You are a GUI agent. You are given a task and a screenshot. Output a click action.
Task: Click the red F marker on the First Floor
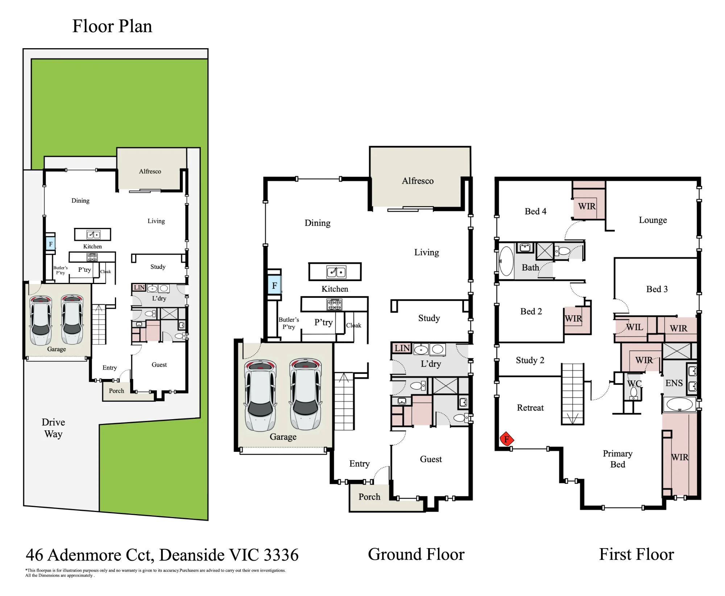coord(507,439)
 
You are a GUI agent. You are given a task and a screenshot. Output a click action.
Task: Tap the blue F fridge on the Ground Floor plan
coord(274,286)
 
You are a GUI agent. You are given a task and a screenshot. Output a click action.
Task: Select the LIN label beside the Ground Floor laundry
coord(402,348)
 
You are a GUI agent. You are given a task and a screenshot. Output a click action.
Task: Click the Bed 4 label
coord(535,211)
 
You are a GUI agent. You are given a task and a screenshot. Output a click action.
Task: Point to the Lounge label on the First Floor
coord(652,220)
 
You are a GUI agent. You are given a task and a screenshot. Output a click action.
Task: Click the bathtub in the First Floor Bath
coord(506,261)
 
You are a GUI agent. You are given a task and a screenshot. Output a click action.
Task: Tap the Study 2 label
coord(530,360)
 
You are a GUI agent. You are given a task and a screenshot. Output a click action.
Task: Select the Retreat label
coord(530,408)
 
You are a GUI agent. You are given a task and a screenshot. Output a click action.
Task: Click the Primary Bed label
coord(617,459)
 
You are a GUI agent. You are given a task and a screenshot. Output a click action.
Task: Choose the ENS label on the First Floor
coord(674,383)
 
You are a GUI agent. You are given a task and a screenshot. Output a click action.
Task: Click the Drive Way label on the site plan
coord(53,428)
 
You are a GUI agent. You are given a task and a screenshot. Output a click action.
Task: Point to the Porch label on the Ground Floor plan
coord(369,497)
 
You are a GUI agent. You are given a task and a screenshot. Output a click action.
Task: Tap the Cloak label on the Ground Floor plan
coord(353,325)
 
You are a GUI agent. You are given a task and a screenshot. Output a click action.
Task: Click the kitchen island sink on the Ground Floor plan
coord(336,272)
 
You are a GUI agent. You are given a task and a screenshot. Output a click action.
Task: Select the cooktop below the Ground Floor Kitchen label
coord(334,304)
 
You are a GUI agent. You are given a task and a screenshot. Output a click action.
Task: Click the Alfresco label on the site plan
coord(150,171)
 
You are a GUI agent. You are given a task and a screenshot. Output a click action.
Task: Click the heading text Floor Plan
coord(112,26)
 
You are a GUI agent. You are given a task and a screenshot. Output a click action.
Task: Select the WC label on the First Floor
coord(634,383)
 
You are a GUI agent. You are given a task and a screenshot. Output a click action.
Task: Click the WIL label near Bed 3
coord(634,327)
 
